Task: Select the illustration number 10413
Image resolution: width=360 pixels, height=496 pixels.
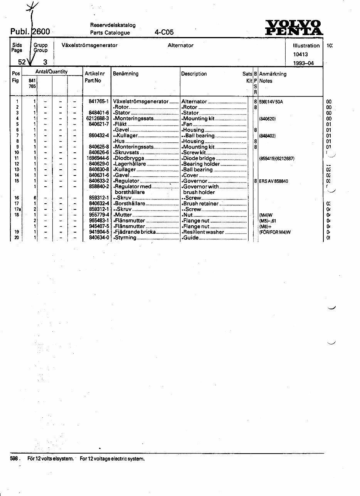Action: pos(301,54)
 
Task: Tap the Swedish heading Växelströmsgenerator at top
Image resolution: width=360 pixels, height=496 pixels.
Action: pos(89,45)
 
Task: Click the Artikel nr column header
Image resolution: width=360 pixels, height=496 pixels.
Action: pos(94,73)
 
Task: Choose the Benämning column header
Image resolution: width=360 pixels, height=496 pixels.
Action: pos(126,73)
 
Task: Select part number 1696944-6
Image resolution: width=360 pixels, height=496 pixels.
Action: pos(98,158)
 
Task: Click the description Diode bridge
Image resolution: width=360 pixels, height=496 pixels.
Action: pos(199,158)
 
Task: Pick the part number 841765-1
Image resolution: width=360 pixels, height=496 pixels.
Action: pos(99,101)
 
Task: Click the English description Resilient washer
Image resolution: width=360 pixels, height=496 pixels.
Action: pos(204,232)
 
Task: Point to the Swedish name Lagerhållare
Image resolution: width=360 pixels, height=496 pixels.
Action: pos(130,164)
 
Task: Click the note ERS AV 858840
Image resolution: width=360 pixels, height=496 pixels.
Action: pos(273,181)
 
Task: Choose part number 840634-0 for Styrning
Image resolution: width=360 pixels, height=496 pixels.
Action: pos(99,238)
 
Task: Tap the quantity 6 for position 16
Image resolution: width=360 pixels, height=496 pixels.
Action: pos(35,198)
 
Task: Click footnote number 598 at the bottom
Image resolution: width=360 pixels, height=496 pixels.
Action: pos(14,459)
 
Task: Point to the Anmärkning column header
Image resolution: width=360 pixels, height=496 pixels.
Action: pos(273,74)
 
